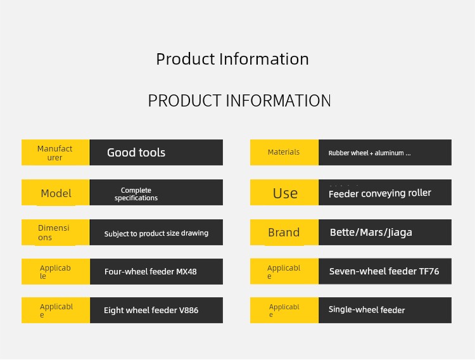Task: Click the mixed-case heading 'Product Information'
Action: click(232, 59)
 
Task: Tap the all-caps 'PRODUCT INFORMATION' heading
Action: click(239, 100)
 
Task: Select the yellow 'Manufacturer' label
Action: click(55, 153)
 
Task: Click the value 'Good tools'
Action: click(136, 152)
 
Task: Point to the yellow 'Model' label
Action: click(56, 193)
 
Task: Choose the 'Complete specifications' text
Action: click(136, 194)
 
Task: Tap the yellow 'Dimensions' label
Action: click(54, 233)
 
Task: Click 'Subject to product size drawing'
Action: click(156, 233)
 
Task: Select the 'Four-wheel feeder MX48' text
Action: click(151, 271)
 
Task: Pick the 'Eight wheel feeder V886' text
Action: click(151, 311)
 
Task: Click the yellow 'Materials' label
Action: click(284, 152)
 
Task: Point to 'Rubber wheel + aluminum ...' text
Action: click(370, 153)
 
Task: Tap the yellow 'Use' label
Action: click(285, 193)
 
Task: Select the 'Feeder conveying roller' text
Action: click(380, 193)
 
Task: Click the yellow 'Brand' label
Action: click(284, 233)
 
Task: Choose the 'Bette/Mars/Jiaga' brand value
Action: click(371, 233)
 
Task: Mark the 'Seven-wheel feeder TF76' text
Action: click(384, 271)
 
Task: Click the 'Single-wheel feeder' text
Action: click(367, 310)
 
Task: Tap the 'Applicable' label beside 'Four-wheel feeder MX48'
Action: click(55, 272)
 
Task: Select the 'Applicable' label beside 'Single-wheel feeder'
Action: click(284, 311)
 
